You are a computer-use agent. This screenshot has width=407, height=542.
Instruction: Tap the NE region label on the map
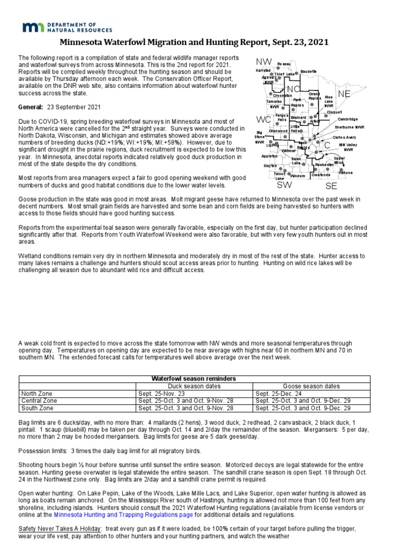(344, 94)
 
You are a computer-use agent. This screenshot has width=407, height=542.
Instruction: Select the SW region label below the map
(285, 185)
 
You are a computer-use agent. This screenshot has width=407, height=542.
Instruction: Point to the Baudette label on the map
(308, 71)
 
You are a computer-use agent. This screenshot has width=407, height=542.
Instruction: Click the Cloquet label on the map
(334, 112)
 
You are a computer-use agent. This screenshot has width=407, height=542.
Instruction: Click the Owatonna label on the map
(321, 175)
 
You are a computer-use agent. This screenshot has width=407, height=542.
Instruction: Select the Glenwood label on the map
(278, 131)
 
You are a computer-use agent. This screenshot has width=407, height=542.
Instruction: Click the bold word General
(30, 107)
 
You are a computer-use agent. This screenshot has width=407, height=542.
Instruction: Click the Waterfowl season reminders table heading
(194, 379)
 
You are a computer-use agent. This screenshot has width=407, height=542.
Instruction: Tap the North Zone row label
(37, 394)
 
